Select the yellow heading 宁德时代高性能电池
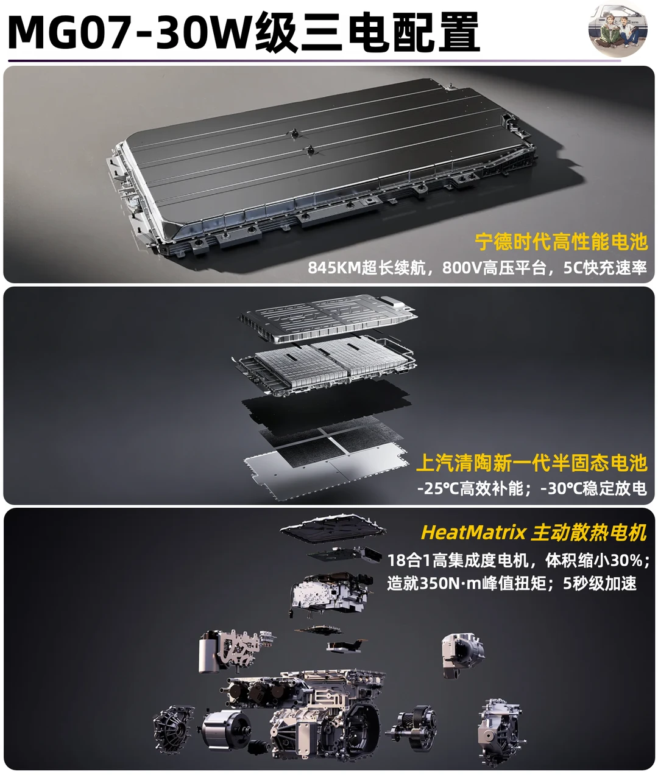[561, 242]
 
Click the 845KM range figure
[334, 268]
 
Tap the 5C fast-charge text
[573, 268]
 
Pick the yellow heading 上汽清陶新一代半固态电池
[531, 463]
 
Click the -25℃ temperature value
[438, 488]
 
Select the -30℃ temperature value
[562, 488]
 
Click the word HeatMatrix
[473, 532]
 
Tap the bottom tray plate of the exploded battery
[325, 471]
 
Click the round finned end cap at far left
[173, 729]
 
